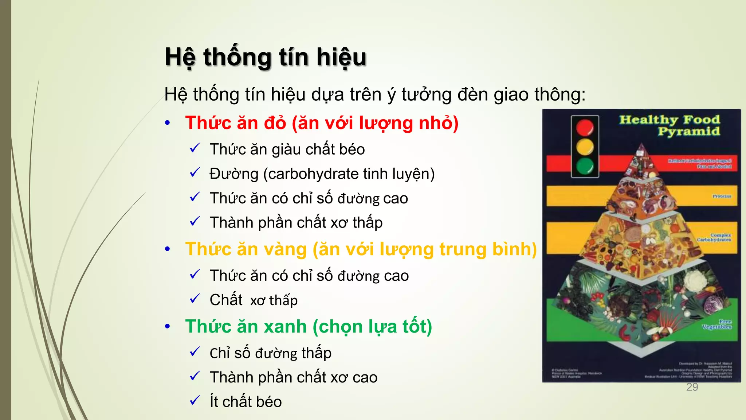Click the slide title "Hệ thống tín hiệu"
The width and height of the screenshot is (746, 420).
[x=265, y=57]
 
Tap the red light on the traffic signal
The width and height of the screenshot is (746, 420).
[x=585, y=128]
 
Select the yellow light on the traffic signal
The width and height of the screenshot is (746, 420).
[x=585, y=147]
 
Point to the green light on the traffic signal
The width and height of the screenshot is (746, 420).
[x=585, y=166]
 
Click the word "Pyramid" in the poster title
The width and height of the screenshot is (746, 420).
[x=688, y=132]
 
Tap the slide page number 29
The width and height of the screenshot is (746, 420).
[x=692, y=387]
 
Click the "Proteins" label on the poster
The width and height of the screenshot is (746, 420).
[x=722, y=196]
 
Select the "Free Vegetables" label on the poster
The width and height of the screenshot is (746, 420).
[x=717, y=324]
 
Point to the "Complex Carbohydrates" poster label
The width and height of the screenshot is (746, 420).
[x=714, y=238]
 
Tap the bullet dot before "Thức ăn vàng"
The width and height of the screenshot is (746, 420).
[x=167, y=249]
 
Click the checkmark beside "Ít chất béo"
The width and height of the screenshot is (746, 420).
[x=195, y=401]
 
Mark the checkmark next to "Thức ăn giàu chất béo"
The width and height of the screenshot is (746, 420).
[x=195, y=148]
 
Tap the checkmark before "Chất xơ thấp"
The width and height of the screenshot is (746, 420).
[x=195, y=299]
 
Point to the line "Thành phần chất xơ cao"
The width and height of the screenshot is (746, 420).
[x=293, y=377]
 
